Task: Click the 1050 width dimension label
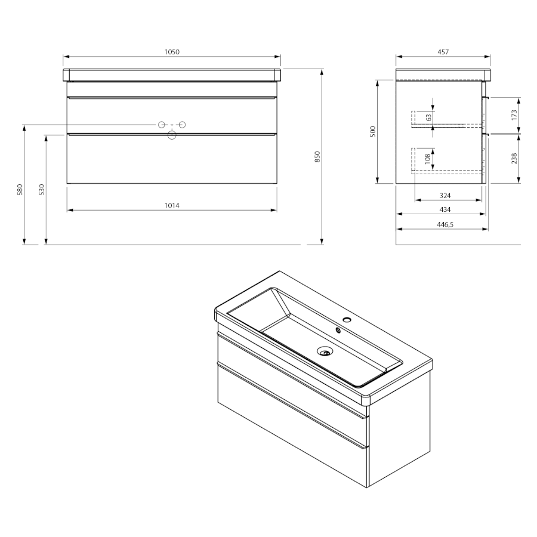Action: click(x=172, y=52)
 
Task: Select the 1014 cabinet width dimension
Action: click(x=172, y=205)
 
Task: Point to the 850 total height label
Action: click(x=317, y=156)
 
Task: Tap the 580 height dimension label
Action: click(x=20, y=189)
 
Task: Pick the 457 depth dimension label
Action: click(x=443, y=52)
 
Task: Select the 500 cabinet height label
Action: click(x=373, y=131)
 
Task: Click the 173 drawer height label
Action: click(x=514, y=115)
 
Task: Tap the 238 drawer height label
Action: click(x=514, y=158)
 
